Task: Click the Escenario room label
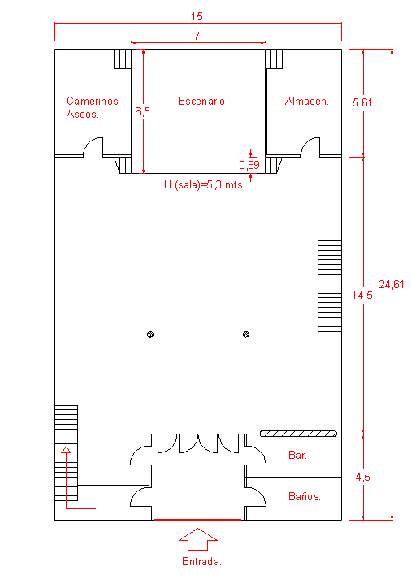203,101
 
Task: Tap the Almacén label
307,101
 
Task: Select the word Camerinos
93,101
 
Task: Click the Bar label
297,455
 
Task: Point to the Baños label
305,496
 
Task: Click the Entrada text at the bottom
201,561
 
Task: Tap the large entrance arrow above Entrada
198,539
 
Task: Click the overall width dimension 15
197,16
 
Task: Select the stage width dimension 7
197,36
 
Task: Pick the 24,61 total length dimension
392,284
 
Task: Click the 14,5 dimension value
362,295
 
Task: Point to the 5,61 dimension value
362,102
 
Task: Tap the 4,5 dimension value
362,477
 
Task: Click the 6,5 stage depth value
142,111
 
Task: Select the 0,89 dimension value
249,165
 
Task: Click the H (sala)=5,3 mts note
203,184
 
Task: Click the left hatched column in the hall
150,335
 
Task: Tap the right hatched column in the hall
246,335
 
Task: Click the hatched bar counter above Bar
298,434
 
